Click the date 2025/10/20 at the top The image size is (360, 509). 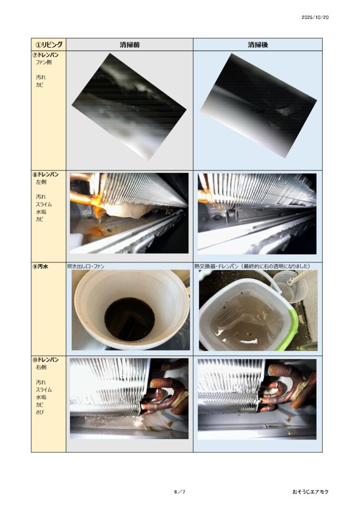click(x=315, y=17)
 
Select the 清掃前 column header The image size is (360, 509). click(x=129, y=45)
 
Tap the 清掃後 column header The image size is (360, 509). click(x=258, y=45)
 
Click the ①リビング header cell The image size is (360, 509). click(x=49, y=44)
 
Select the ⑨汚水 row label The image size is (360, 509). click(x=40, y=266)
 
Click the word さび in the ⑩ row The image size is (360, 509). click(x=40, y=412)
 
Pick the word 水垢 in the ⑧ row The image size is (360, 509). click(x=41, y=212)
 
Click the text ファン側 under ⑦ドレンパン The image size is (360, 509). click(x=43, y=62)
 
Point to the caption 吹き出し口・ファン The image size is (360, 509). click(x=86, y=266)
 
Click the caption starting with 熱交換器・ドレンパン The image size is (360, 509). click(x=252, y=266)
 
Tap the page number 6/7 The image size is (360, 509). click(x=180, y=492)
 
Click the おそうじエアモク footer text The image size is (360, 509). click(x=310, y=492)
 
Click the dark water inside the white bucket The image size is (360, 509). click(x=129, y=320)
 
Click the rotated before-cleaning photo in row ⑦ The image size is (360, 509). click(x=129, y=107)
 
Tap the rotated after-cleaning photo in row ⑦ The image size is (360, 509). click(x=259, y=106)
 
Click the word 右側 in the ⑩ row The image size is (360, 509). click(x=41, y=367)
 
